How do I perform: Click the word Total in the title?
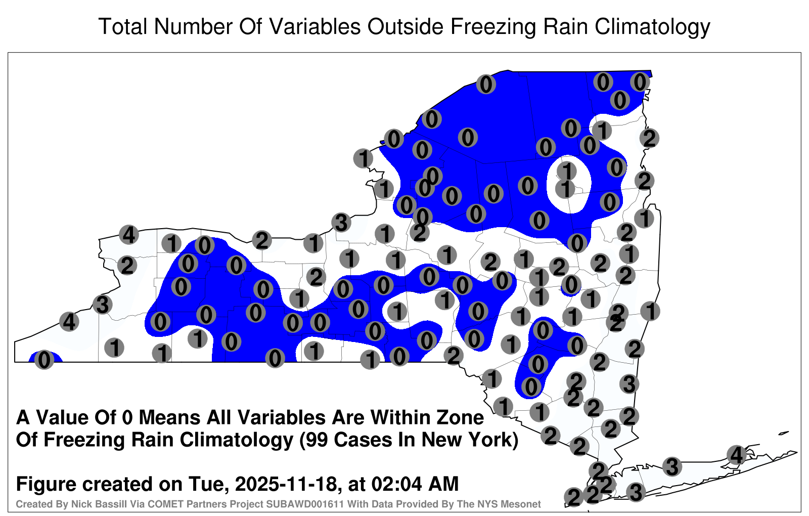pyautogui.click(x=122, y=26)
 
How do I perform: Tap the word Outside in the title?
pyautogui.click(x=406, y=26)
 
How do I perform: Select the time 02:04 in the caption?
pyautogui.click(x=397, y=484)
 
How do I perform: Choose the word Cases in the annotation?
pyautogui.click(x=363, y=440)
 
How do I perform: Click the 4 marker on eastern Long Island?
pyautogui.click(x=736, y=455)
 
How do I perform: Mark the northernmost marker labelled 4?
pyautogui.click(x=129, y=235)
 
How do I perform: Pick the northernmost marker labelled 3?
pyautogui.click(x=341, y=222)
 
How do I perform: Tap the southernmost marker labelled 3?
pyautogui.click(x=636, y=492)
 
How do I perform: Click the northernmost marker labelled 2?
pyautogui.click(x=649, y=138)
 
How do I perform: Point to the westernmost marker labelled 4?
pyautogui.click(x=69, y=322)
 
